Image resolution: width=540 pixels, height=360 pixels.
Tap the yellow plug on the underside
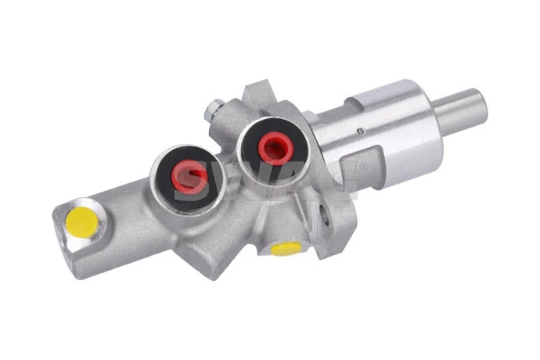[x=286, y=248]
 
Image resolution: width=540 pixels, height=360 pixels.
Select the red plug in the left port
[x=188, y=176]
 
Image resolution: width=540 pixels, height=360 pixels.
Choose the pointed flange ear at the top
[x=256, y=91]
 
